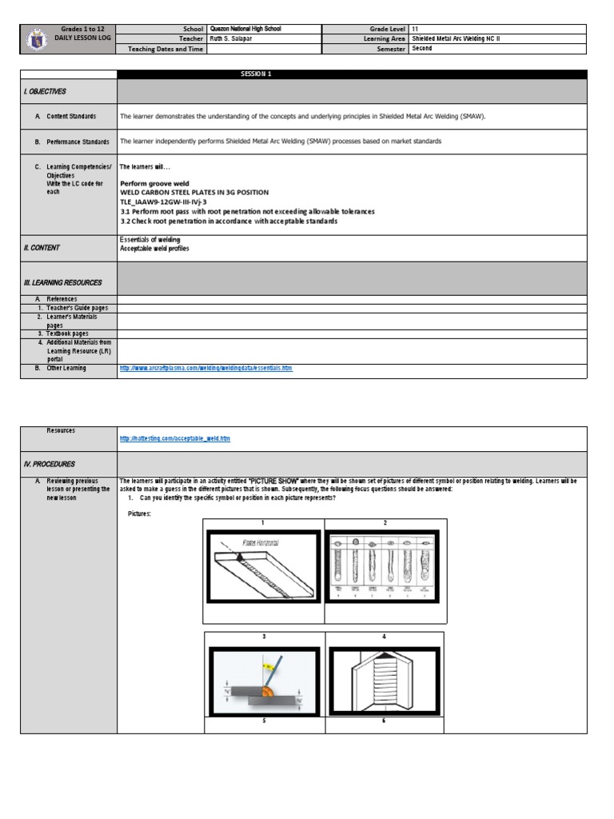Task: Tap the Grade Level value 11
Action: (415, 29)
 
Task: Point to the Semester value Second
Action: (421, 48)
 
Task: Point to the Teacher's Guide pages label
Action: (72, 308)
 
